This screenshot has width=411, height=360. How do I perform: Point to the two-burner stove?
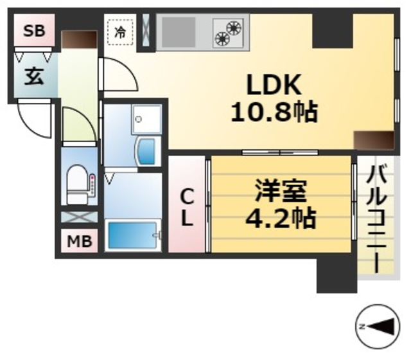(x=229, y=32)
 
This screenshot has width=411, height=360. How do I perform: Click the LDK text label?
(x=272, y=85)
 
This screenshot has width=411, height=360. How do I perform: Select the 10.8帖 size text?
(x=274, y=113)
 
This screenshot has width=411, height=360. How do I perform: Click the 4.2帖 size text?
(x=281, y=218)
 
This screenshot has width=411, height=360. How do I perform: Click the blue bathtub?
(x=132, y=236)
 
